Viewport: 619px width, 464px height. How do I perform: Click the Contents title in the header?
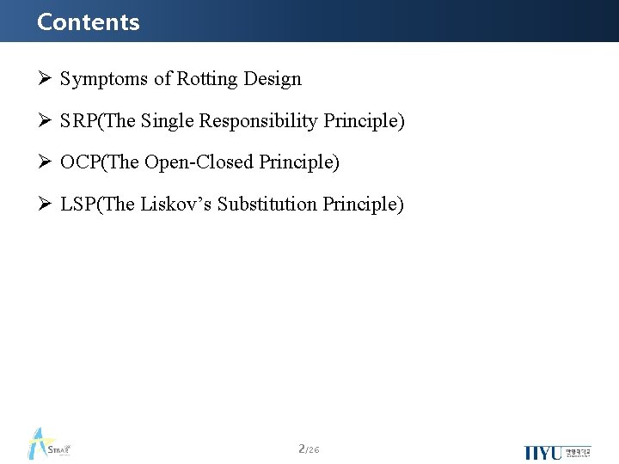[x=88, y=21]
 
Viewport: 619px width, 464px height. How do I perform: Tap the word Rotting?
[x=207, y=80]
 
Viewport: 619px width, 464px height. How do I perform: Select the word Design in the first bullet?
[x=273, y=79]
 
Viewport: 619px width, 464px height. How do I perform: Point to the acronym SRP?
[x=79, y=121]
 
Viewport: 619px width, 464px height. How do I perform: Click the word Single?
[x=168, y=121]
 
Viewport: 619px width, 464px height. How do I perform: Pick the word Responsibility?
[x=259, y=121]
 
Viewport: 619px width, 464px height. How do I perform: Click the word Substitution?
[x=267, y=204]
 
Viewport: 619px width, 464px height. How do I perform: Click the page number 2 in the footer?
[x=302, y=449]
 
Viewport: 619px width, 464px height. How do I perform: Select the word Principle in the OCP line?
[x=298, y=162]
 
